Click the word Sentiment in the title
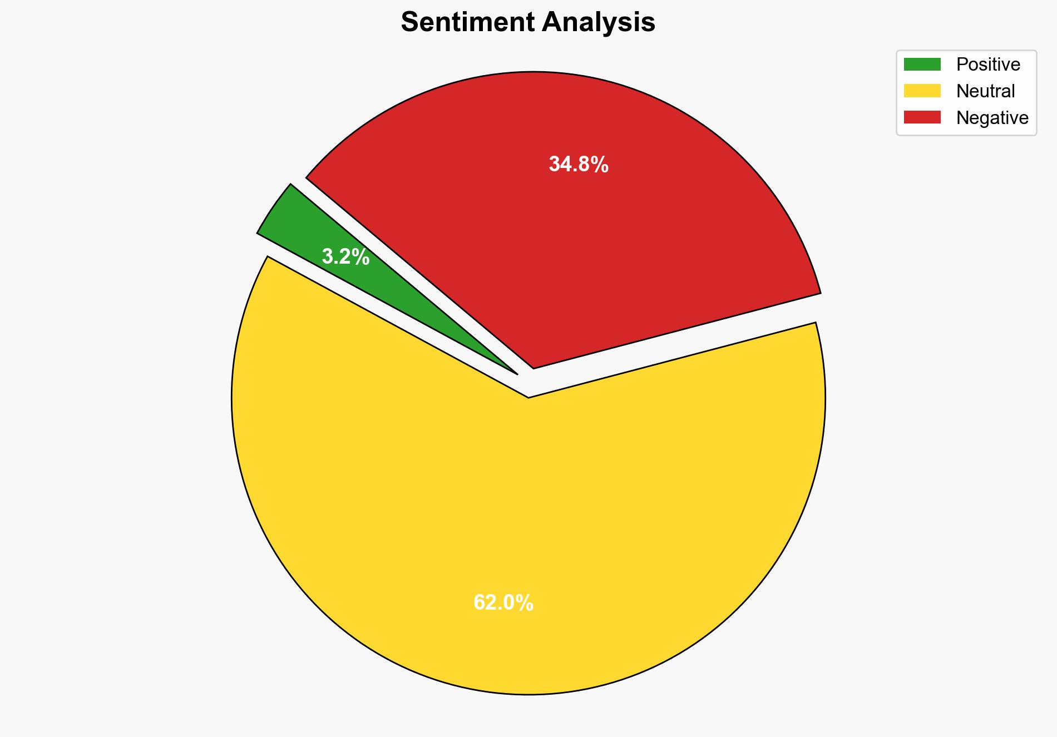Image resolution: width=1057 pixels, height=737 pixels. (x=468, y=23)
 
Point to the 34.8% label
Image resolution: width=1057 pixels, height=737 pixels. (x=579, y=165)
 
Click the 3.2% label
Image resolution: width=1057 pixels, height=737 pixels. (x=345, y=257)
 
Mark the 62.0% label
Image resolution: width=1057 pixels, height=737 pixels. (x=503, y=603)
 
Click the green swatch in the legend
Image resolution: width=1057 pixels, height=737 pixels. (x=922, y=65)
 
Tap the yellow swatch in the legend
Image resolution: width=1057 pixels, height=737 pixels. (x=922, y=91)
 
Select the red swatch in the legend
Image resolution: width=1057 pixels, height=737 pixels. (x=922, y=117)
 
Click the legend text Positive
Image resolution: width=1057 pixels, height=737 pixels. (x=988, y=65)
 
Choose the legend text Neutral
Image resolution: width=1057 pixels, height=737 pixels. (x=985, y=91)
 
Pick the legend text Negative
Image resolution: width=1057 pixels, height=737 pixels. (x=992, y=117)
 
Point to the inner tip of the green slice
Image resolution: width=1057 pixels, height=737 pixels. (x=516, y=373)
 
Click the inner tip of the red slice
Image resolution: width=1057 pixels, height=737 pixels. (x=534, y=367)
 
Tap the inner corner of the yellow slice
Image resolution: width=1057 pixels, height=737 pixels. (x=528, y=396)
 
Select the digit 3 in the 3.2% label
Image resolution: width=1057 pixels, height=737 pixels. (x=328, y=257)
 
